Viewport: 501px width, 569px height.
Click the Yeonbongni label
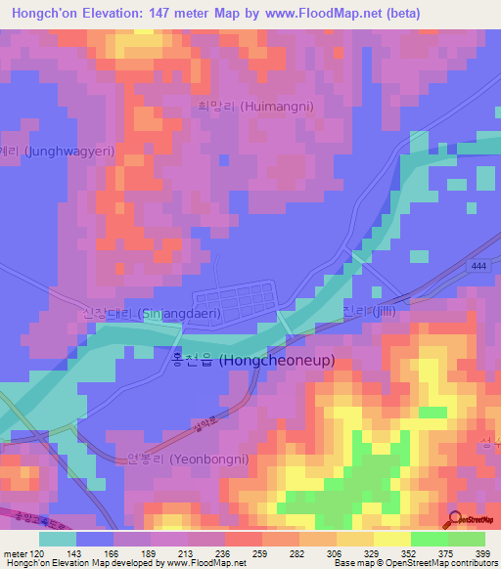tap(188, 459)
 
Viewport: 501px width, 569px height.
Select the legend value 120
tap(38, 553)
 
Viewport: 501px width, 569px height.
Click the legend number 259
tap(261, 553)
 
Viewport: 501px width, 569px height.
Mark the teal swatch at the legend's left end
tap(58, 539)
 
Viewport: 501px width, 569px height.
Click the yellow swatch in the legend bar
tap(392, 539)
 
